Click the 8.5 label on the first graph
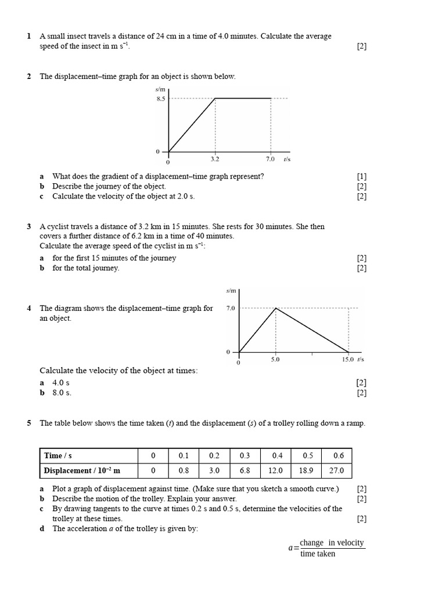click(160, 99)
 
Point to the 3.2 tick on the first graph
click(215, 157)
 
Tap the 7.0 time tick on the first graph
click(270, 157)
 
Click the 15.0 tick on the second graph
click(347, 360)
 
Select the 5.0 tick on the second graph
click(275, 360)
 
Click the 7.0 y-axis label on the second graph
click(230, 309)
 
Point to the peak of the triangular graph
click(275, 308)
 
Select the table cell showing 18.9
click(305, 470)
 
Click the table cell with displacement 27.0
click(337, 470)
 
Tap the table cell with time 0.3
click(245, 455)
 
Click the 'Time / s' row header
click(61, 455)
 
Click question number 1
click(29, 36)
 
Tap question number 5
click(29, 423)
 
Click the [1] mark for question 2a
click(362, 176)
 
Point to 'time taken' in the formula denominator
click(318, 554)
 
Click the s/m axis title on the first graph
click(160, 89)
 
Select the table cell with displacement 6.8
click(245, 470)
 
